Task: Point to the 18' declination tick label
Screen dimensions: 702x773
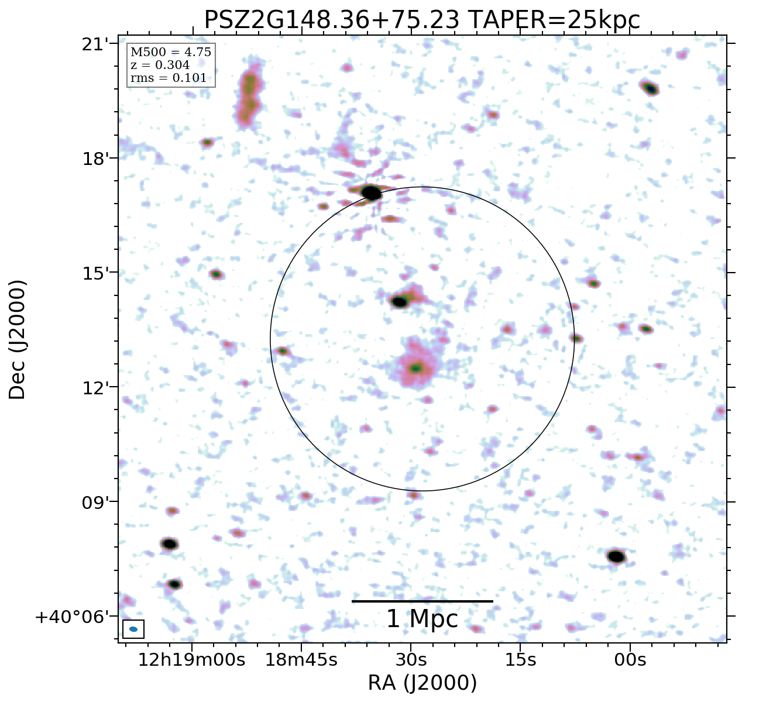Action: [95, 159]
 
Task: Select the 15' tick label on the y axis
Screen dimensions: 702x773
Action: [95, 273]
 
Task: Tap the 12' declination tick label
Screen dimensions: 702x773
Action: [95, 387]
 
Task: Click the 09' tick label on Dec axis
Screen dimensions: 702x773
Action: [95, 502]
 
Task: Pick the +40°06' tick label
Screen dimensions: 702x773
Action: [73, 617]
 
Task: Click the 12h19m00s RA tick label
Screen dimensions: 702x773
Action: [191, 660]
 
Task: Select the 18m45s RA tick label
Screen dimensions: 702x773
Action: [301, 660]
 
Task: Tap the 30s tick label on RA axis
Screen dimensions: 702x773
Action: [411, 660]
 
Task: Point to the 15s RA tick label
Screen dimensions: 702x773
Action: [520, 660]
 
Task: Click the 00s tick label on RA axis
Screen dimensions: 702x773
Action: [630, 660]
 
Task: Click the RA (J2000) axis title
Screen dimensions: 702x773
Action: [422, 683]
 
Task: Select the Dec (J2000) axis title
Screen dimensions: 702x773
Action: [18, 340]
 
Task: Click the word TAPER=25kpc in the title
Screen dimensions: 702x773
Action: [555, 20]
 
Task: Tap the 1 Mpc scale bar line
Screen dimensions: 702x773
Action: [422, 601]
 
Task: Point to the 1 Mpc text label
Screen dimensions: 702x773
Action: [422, 619]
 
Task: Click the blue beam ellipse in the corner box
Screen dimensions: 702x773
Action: [133, 629]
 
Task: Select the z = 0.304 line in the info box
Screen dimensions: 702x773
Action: [160, 65]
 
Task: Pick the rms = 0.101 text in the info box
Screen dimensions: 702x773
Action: [169, 78]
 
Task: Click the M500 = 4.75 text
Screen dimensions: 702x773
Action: [170, 53]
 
